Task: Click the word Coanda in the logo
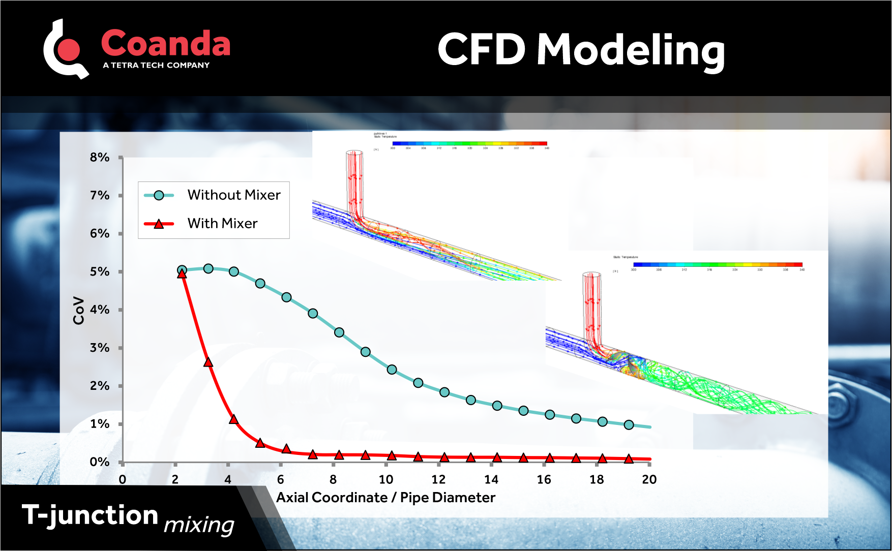click(165, 44)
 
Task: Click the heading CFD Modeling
click(581, 50)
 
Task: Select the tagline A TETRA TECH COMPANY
click(156, 66)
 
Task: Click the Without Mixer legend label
click(233, 195)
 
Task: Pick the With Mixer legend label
click(222, 224)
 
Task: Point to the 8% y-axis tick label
click(100, 158)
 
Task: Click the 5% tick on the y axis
click(100, 272)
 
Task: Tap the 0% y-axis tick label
click(100, 463)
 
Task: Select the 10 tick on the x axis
click(385, 480)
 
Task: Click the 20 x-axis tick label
click(649, 480)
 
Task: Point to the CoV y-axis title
click(78, 310)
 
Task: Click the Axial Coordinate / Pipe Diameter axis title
click(385, 498)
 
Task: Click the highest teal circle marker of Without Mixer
click(208, 268)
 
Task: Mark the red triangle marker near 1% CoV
click(233, 419)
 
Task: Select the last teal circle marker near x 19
click(629, 425)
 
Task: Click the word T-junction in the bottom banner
click(90, 515)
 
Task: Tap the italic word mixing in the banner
click(199, 525)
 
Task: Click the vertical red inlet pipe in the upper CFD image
click(354, 183)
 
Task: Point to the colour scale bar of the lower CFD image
click(717, 264)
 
